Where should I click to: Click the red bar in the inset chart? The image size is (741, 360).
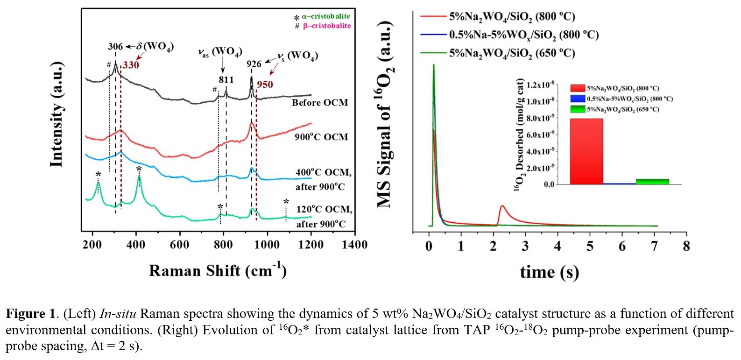point(586,151)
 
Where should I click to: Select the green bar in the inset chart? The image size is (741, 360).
point(652,182)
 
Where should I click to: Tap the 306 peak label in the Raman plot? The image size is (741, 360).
point(115,47)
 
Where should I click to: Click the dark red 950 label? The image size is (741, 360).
point(265,85)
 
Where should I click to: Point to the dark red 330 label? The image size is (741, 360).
point(131,65)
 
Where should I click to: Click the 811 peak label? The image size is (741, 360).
point(226,80)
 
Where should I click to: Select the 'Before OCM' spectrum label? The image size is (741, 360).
point(320,103)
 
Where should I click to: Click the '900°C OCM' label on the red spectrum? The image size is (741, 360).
point(321,137)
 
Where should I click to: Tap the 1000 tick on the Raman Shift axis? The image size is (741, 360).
point(267,245)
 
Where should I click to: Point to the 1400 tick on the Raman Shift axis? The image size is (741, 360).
point(354,245)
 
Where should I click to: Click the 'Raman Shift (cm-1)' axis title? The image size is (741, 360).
point(218,271)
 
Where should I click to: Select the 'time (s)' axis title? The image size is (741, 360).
point(549,272)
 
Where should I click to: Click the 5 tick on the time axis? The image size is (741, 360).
point(590,247)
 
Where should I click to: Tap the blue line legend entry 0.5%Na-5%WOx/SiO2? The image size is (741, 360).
point(523,35)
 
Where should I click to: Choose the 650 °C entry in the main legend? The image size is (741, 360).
point(512,53)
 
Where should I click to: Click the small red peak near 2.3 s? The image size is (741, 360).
point(502,206)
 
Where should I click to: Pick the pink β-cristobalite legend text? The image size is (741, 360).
point(327,26)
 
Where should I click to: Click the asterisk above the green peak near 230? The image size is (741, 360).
point(98,175)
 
